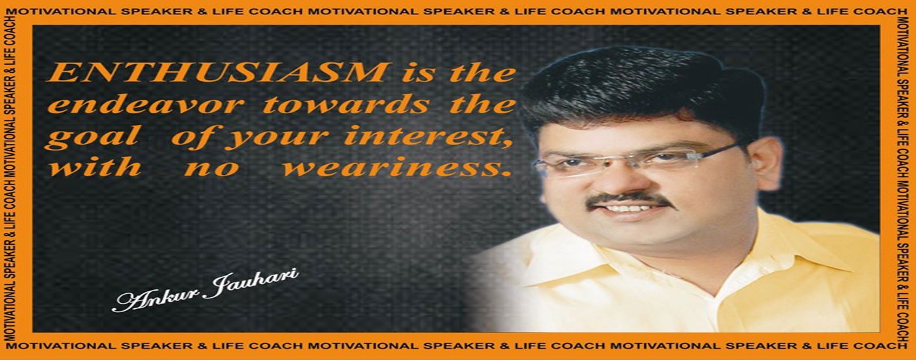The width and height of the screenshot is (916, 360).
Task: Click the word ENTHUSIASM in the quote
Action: click(x=217, y=73)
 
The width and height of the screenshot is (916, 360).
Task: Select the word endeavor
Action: click(x=145, y=104)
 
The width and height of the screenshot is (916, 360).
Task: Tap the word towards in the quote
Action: click(x=345, y=104)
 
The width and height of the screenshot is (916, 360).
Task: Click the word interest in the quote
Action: click(x=428, y=136)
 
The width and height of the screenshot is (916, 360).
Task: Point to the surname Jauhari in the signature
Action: click(x=252, y=283)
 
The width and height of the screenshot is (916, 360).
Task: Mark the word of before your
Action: click(x=196, y=136)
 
